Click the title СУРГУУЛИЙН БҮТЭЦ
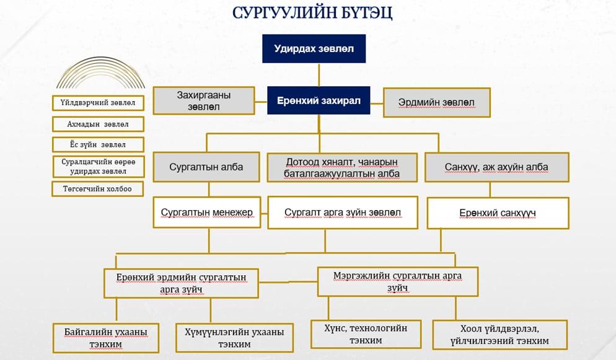pos(312,13)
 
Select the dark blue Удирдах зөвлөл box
pos(314,49)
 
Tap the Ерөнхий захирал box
pos(319,100)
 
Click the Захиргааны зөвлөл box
pos(204,101)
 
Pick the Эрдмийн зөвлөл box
pos(437,102)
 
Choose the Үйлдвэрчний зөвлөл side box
pos(98,103)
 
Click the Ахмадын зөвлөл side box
pos(98,124)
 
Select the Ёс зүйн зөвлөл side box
pos(98,144)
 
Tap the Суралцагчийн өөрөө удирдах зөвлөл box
pos(98,167)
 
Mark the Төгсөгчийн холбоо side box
pos(98,189)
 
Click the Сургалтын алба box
pos(206,167)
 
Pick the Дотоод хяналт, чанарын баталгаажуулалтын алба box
pos(342,168)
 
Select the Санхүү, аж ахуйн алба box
pos(497,167)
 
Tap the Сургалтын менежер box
pos(207,213)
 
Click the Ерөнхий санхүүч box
pos(498,213)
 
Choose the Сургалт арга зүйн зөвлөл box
pos(343,213)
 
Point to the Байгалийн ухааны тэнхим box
pos(106,338)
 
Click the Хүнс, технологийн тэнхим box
pos(366,334)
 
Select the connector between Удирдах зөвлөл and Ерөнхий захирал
pos(319,74)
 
